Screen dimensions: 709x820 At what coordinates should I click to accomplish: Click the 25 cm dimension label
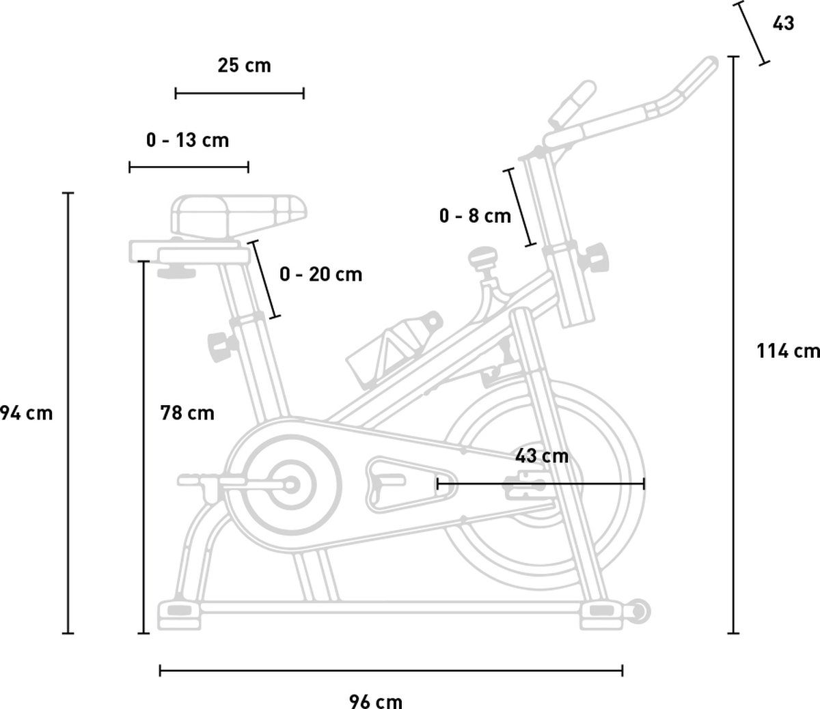[x=244, y=66]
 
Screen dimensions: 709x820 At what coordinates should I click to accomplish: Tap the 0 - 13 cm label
[x=187, y=141]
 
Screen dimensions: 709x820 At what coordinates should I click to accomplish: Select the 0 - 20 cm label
[x=320, y=275]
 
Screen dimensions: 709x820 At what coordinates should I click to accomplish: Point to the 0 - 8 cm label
[x=475, y=217]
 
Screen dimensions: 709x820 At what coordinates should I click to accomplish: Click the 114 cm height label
[x=788, y=351]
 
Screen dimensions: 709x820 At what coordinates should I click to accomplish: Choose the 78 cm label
[x=187, y=413]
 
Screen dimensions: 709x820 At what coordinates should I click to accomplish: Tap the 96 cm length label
[x=376, y=701]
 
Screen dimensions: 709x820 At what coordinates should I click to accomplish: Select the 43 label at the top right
[x=783, y=23]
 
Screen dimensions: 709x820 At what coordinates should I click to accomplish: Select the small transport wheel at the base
[x=639, y=610]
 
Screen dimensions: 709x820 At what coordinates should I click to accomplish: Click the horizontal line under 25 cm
[x=239, y=93]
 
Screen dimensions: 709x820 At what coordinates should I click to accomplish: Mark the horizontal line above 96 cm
[x=391, y=671]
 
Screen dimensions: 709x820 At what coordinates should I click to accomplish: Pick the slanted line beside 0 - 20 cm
[x=265, y=279]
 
